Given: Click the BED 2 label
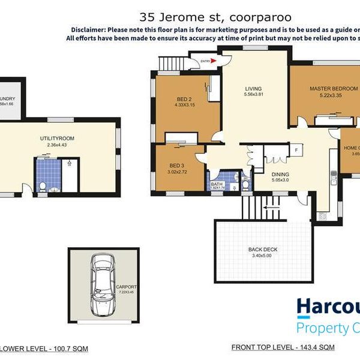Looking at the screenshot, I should (x=184, y=99).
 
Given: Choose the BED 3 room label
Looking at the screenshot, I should (x=176, y=165).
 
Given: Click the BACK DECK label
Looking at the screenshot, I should (x=263, y=249).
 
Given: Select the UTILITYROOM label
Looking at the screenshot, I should (x=57, y=138).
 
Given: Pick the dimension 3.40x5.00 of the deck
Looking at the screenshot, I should (x=263, y=256).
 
